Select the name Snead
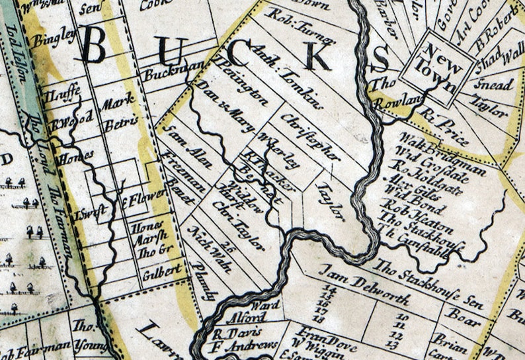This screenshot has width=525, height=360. [x=493, y=85]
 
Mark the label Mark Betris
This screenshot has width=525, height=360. [x=119, y=111]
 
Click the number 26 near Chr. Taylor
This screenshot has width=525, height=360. [x=229, y=246]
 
